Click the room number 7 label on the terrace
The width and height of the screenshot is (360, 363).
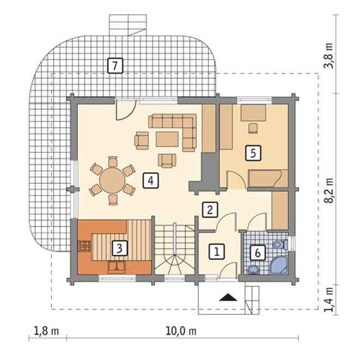pyautogui.click(x=115, y=66)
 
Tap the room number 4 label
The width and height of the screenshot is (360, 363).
pyautogui.click(x=151, y=181)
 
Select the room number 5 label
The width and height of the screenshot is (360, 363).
pyautogui.click(x=253, y=153)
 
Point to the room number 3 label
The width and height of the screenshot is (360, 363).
pyautogui.click(x=119, y=248)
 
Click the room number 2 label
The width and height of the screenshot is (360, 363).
pyautogui.click(x=210, y=210)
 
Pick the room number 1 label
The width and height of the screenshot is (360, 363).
pyautogui.click(x=217, y=251)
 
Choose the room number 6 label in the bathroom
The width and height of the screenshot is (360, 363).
pyautogui.click(x=257, y=252)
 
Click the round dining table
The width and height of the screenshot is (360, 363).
pyautogui.click(x=112, y=180)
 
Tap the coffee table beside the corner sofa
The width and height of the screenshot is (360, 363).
pyautogui.click(x=167, y=139)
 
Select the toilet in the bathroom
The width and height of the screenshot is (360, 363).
pyautogui.click(x=280, y=245)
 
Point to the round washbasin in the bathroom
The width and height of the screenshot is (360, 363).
pyautogui.click(x=253, y=270)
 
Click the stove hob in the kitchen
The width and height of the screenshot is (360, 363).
pyautogui.click(x=84, y=246)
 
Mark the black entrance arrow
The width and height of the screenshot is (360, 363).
pyautogui.click(x=229, y=297)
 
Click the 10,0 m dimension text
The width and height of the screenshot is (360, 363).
pyautogui.click(x=181, y=331)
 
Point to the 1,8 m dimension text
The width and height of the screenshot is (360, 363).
pyautogui.click(x=46, y=331)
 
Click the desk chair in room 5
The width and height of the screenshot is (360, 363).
pyautogui.click(x=253, y=128)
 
